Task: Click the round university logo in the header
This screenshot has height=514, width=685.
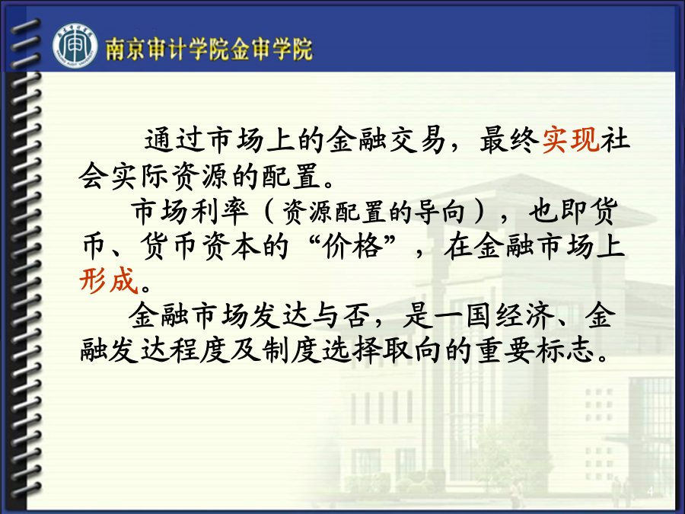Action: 75,46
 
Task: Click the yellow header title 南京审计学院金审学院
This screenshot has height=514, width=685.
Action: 209,49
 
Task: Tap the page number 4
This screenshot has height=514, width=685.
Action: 650,491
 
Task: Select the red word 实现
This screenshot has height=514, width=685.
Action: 570,140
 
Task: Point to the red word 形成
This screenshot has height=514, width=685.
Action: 108,279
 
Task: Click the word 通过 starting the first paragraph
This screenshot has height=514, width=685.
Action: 174,140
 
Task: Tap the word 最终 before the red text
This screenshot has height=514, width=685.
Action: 509,140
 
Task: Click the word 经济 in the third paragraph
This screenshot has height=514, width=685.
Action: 525,314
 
